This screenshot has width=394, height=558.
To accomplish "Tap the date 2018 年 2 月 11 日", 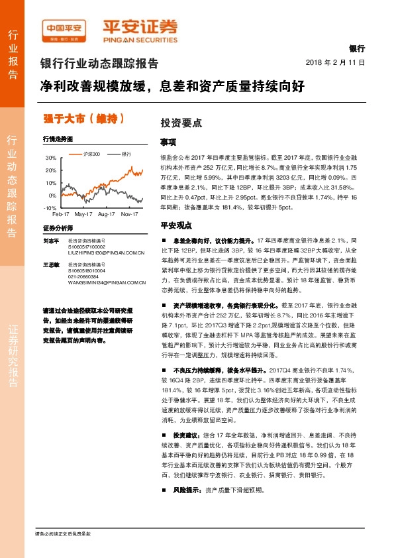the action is (336, 62).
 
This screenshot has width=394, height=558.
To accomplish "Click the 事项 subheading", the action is (168, 142).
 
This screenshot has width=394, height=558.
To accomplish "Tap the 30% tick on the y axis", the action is (52, 158).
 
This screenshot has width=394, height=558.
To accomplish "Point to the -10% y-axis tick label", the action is (50, 208).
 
